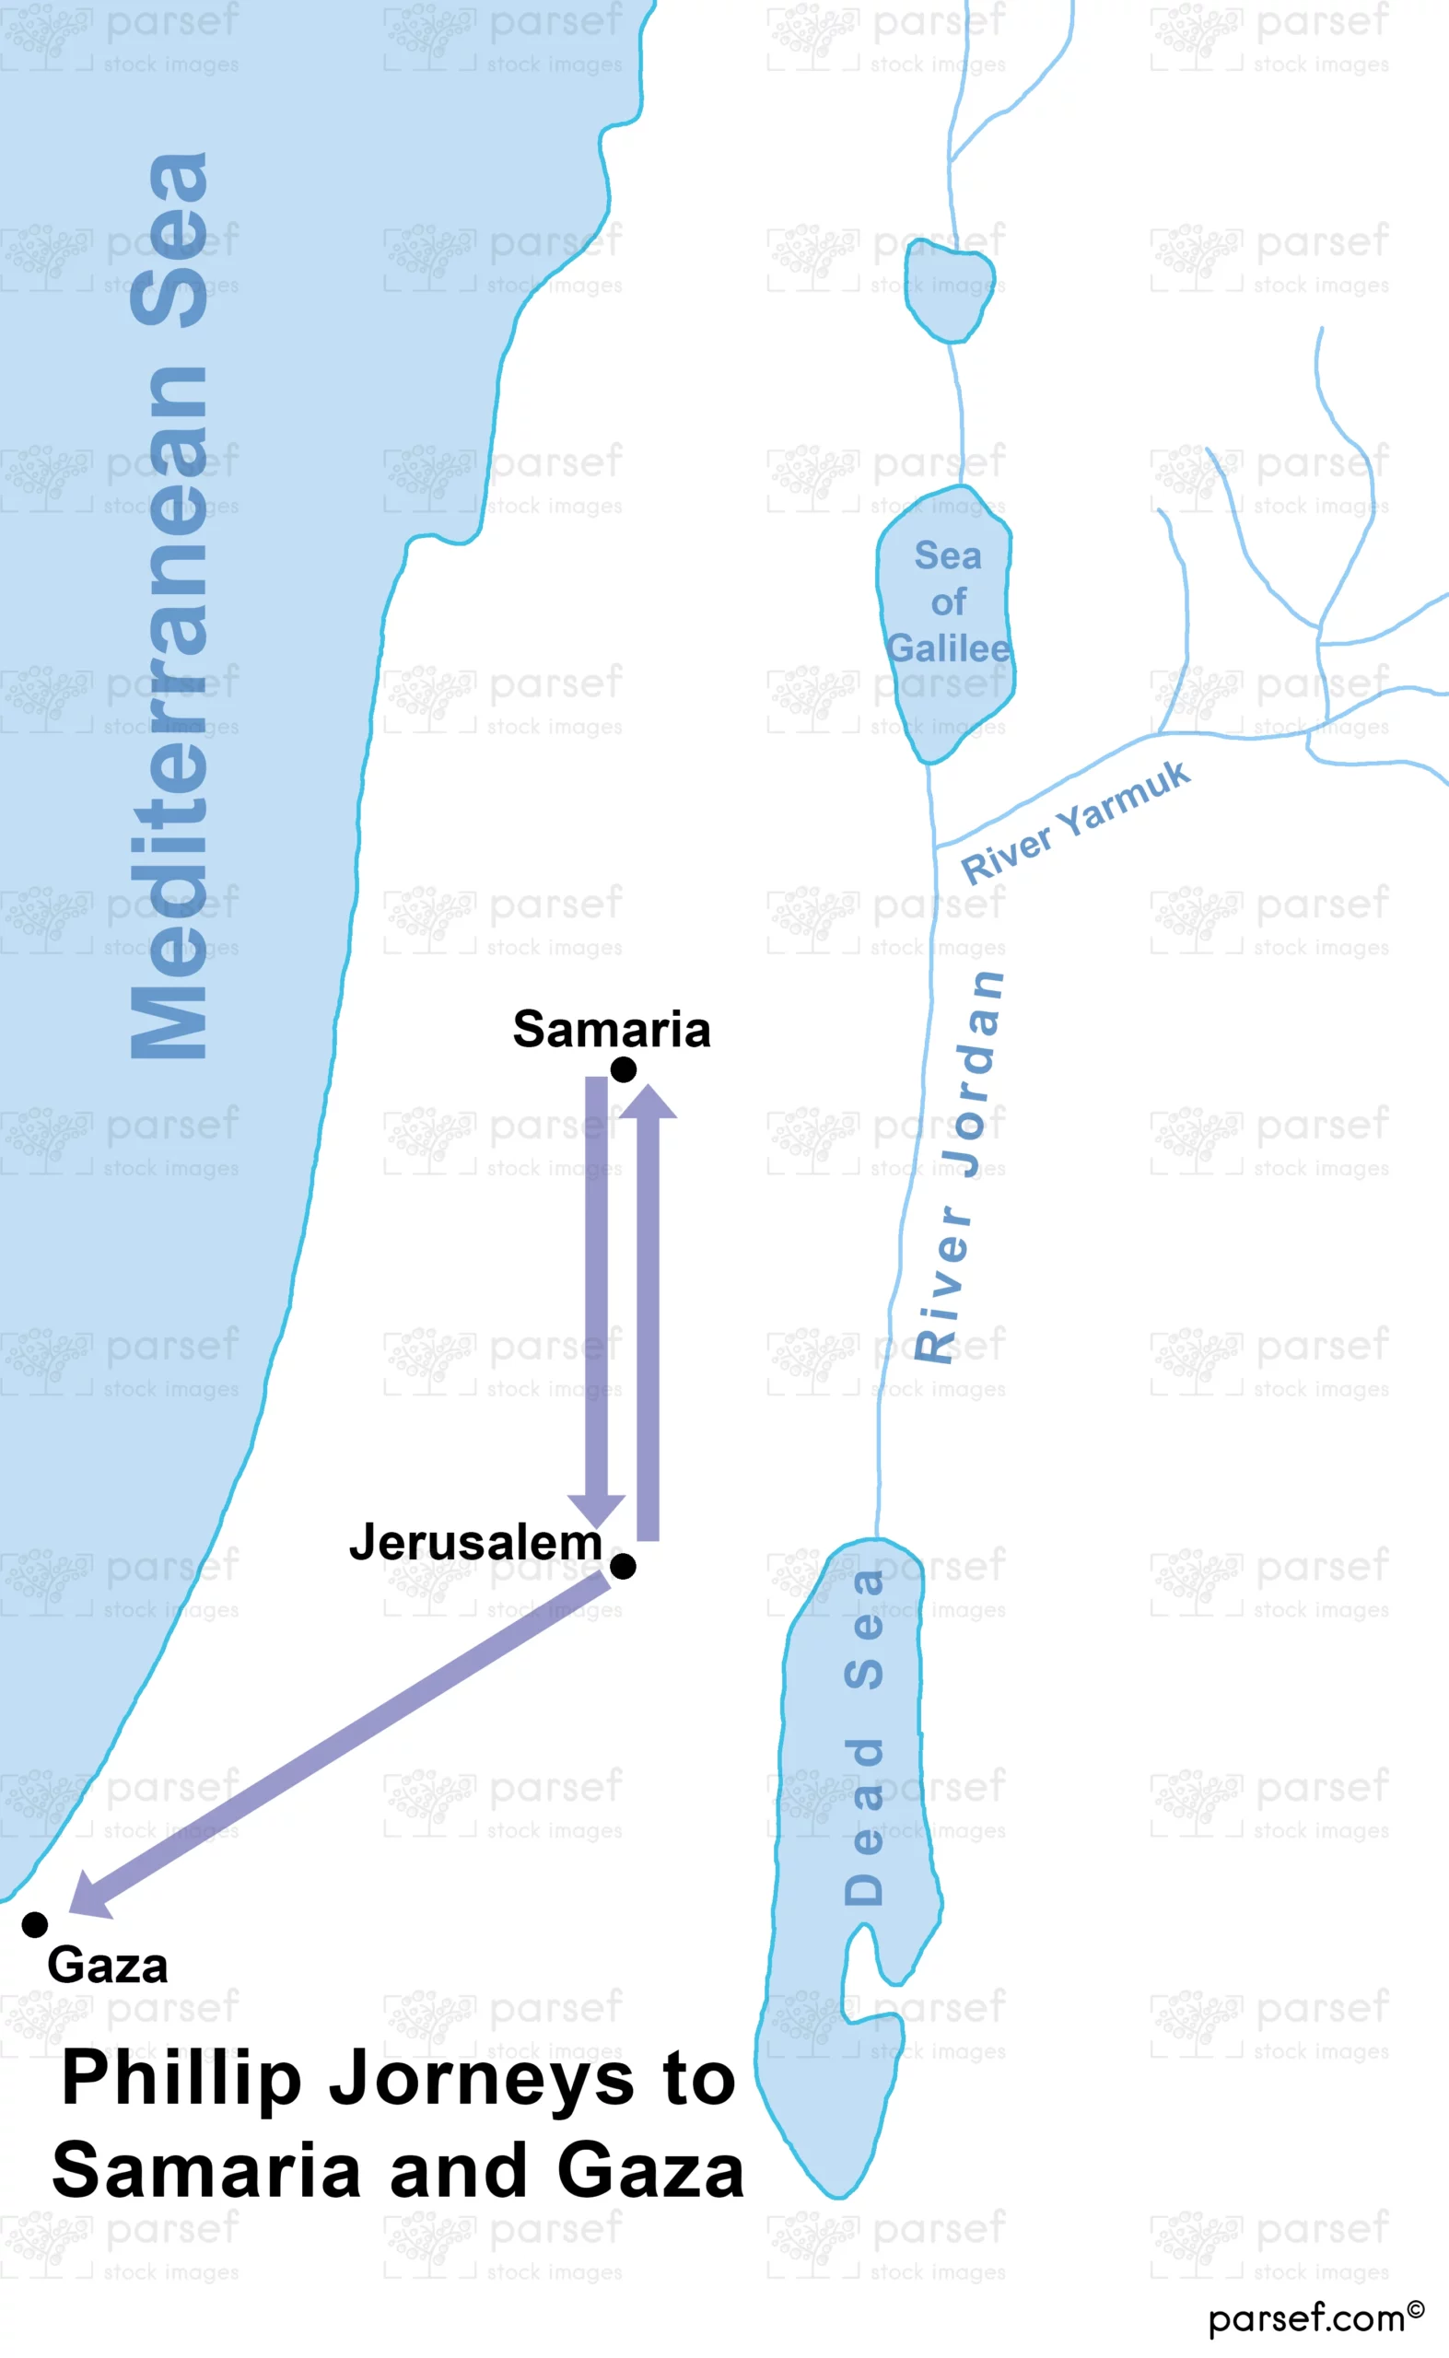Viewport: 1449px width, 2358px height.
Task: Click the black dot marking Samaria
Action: coord(623,1069)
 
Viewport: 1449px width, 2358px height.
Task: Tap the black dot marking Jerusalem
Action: coord(623,1567)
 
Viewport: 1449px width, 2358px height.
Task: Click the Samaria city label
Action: coord(612,1030)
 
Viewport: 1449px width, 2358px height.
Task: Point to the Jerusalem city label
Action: coord(475,1543)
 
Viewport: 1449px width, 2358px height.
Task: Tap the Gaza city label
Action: coord(108,1967)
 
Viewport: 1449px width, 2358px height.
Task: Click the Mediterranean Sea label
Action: coord(169,605)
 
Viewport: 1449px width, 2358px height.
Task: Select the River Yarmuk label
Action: coord(1075,823)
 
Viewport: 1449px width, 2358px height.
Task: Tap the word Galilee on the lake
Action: coord(948,648)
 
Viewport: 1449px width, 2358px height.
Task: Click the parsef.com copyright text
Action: coord(1315,2317)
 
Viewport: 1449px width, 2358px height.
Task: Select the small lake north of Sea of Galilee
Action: coord(949,290)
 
